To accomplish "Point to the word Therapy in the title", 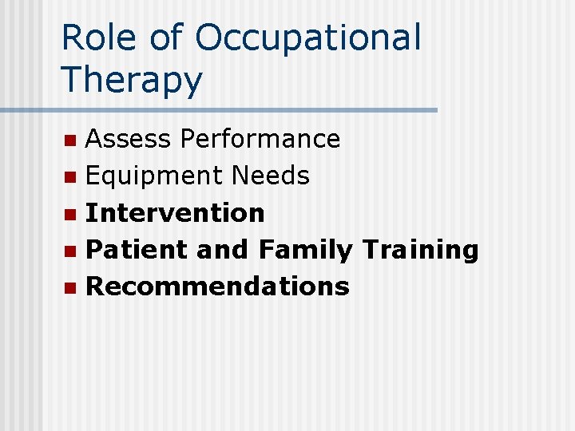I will click(x=132, y=81).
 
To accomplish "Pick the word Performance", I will click(x=260, y=139).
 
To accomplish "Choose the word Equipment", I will click(x=155, y=176).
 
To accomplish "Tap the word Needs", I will click(x=271, y=176).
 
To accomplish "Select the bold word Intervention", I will click(x=175, y=212).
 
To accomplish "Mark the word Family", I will click(x=305, y=250).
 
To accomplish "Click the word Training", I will click(x=420, y=250).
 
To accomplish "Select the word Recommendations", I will click(x=217, y=287).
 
